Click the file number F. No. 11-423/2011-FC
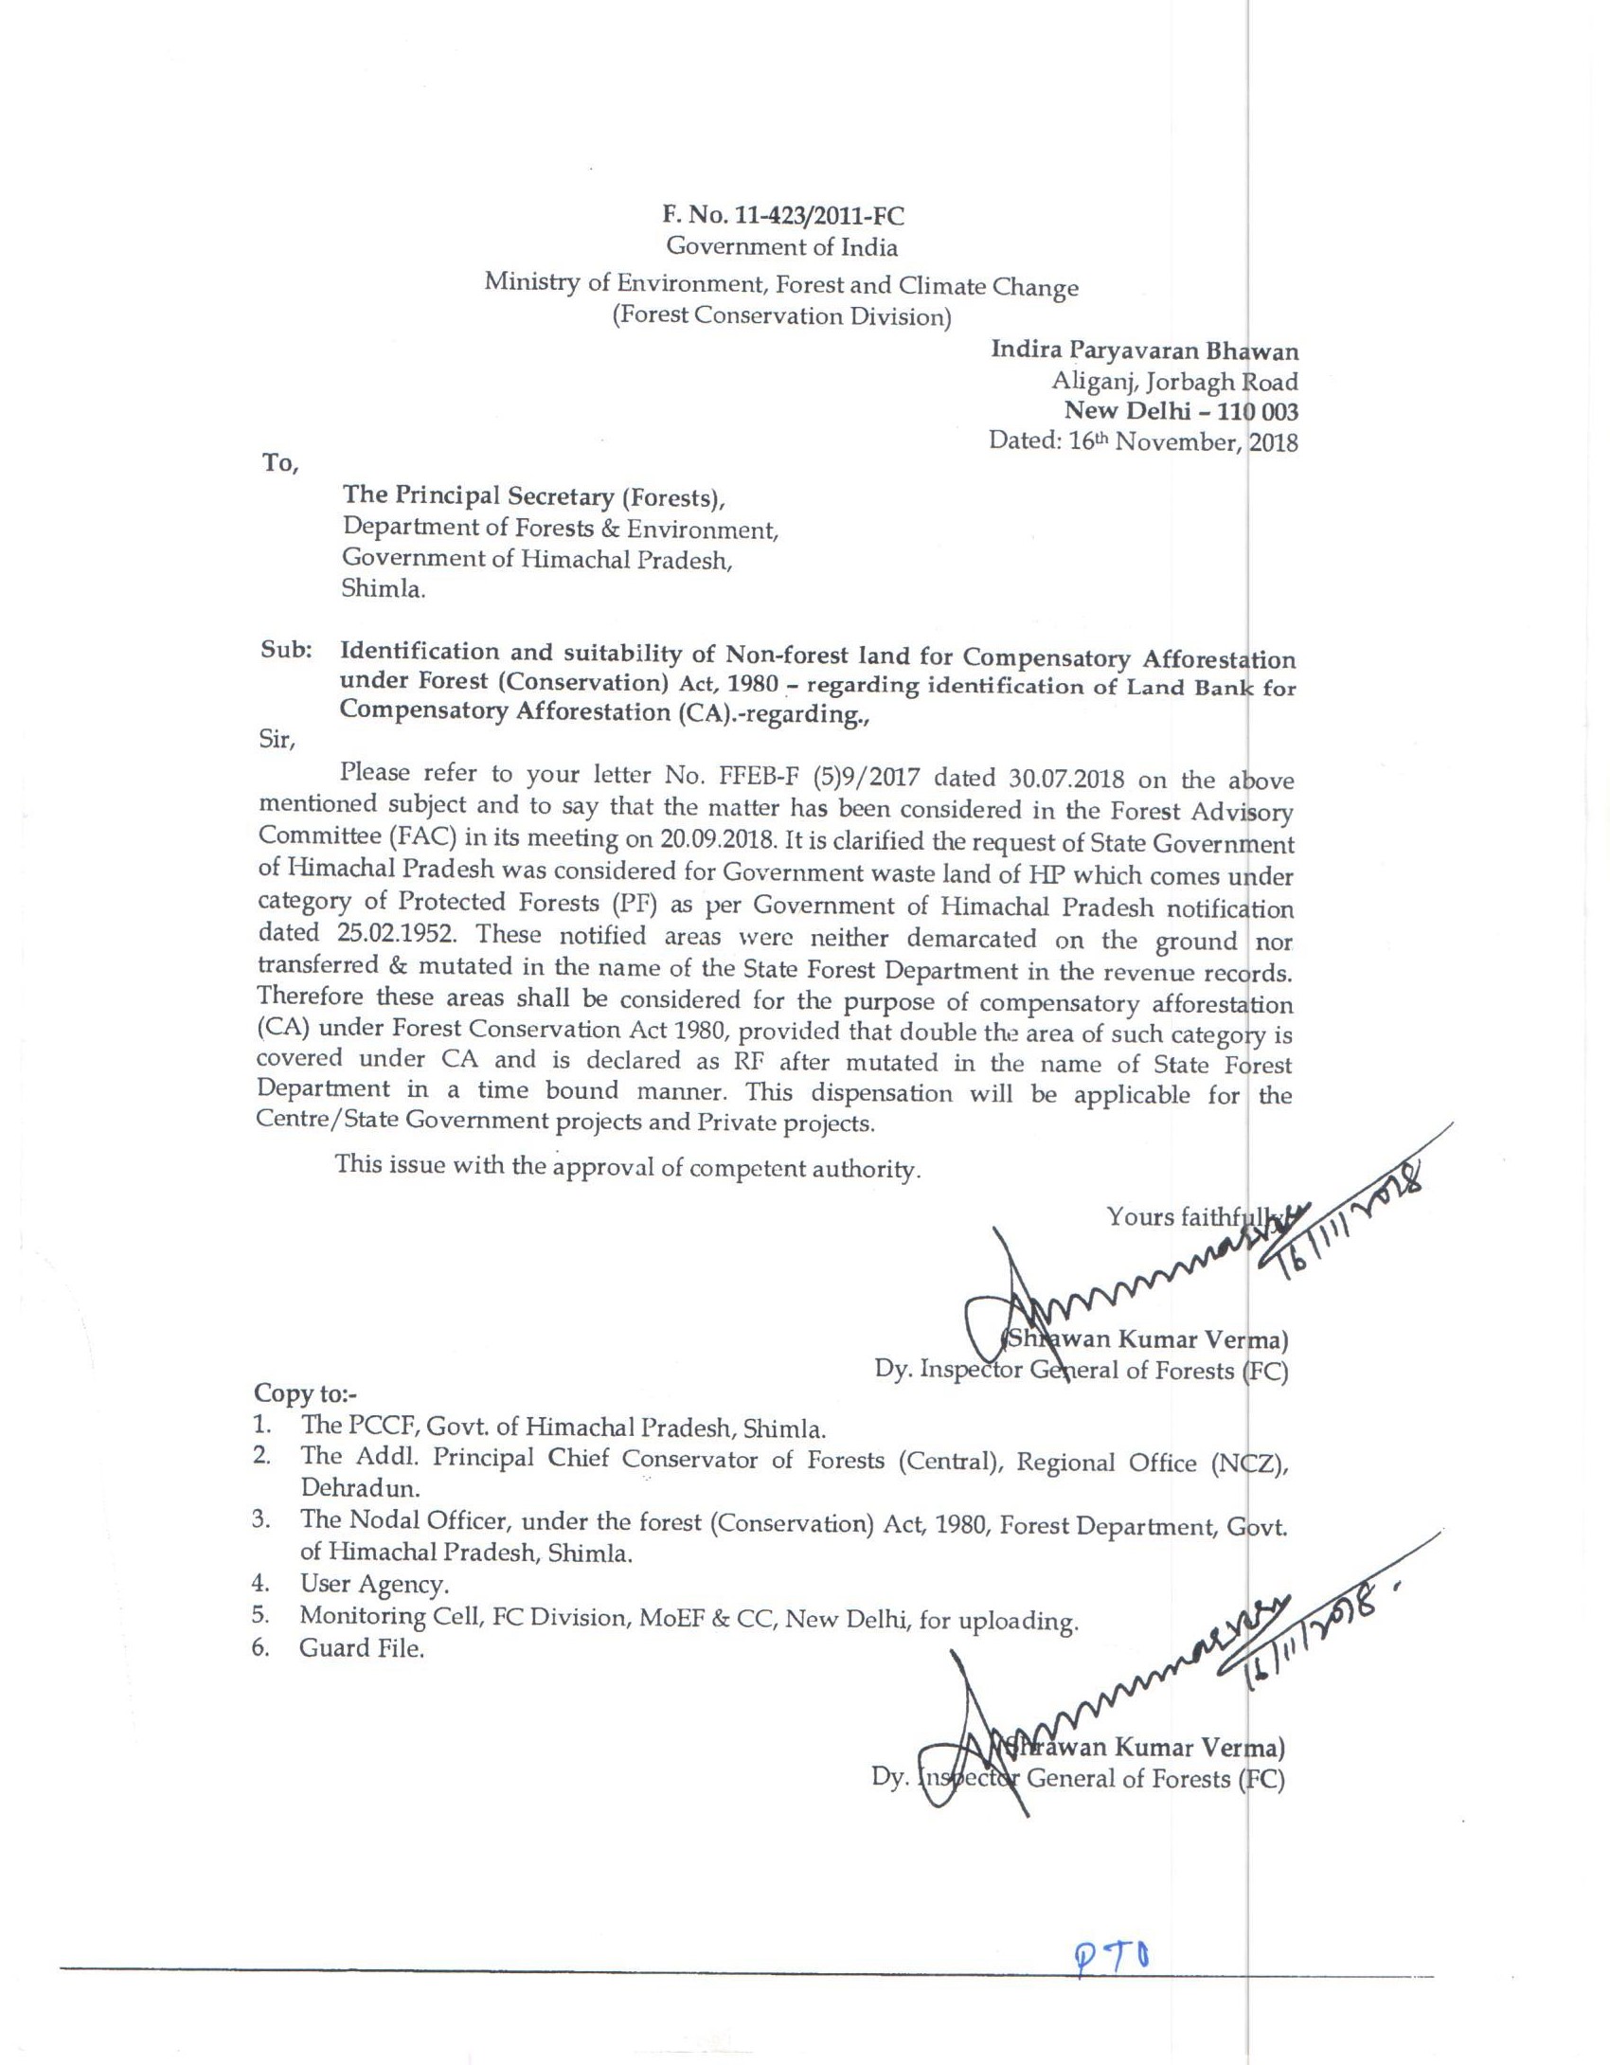(x=781, y=216)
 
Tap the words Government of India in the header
(x=781, y=247)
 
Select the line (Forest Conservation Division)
(x=781, y=315)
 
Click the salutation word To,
(x=280, y=463)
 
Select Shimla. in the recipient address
(x=384, y=588)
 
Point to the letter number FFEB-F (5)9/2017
(x=814, y=777)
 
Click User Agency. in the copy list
(x=374, y=1584)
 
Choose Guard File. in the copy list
(x=361, y=1648)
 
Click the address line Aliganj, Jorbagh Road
(x=1174, y=381)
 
